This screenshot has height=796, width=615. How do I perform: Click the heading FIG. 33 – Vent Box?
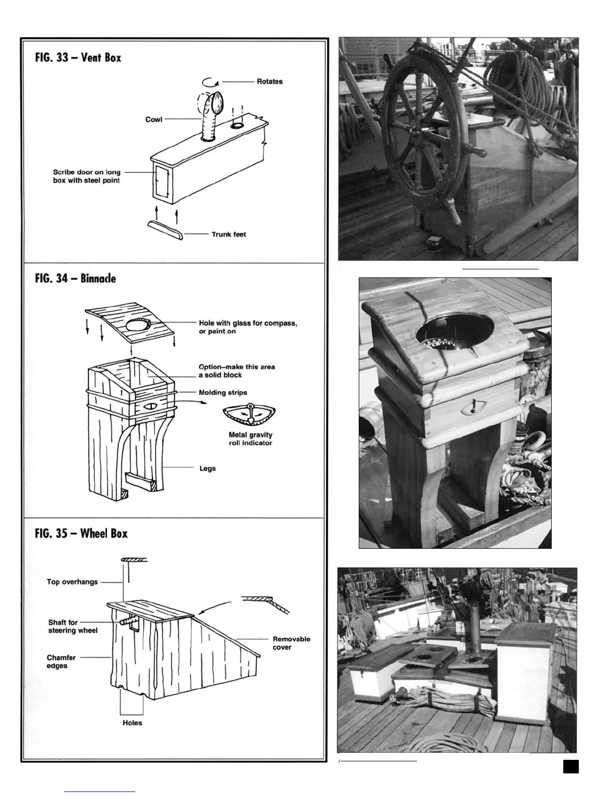[78, 57]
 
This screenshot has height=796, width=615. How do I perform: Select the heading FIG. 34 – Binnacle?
[75, 278]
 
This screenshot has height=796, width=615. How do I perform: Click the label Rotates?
[269, 81]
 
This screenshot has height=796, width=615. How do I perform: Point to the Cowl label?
[154, 120]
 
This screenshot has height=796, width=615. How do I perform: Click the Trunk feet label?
[229, 234]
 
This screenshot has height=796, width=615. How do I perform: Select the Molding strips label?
[223, 392]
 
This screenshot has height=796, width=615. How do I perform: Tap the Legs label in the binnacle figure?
[208, 468]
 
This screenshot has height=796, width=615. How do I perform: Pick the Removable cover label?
[291, 643]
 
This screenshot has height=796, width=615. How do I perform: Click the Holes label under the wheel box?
[132, 723]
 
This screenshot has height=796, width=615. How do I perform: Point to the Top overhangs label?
[72, 582]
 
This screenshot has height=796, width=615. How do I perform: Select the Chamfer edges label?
[61, 661]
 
